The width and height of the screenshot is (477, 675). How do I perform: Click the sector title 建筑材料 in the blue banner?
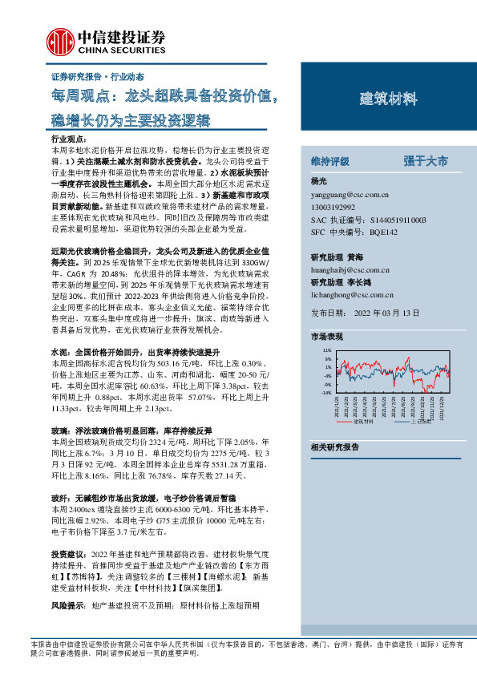coord(388,99)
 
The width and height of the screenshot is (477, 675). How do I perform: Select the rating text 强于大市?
coord(426,160)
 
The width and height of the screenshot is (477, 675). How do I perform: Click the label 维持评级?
coord(330,160)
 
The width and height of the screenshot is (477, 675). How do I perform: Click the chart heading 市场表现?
coord(327,337)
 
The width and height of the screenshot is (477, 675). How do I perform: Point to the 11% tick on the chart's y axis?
coord(326,350)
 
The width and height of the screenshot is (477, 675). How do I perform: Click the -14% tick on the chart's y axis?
coord(325,393)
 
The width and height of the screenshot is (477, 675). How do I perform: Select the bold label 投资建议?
coord(68,555)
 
